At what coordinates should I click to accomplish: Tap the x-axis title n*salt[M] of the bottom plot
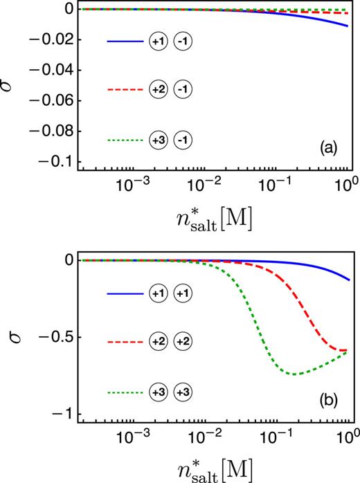(213, 469)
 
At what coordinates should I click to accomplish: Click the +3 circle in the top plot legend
(158, 140)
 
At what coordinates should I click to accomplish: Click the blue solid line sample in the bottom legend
(125, 293)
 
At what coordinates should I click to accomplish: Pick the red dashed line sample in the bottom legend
(125, 343)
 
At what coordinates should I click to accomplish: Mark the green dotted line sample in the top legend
(125, 140)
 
